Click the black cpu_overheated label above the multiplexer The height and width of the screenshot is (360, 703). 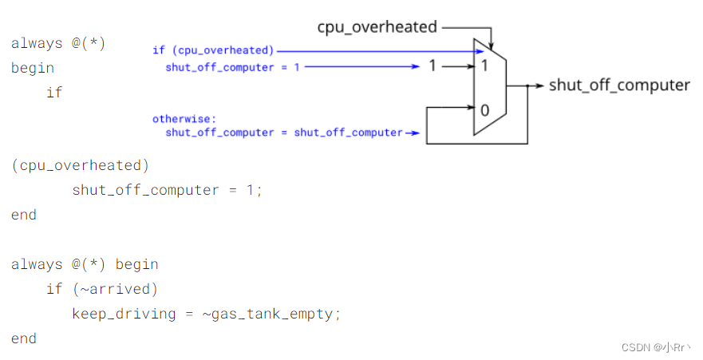click(x=377, y=27)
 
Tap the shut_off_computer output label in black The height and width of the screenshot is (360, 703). click(x=619, y=85)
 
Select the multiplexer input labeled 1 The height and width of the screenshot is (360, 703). click(x=483, y=66)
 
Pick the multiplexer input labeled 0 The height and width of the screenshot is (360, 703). click(x=483, y=107)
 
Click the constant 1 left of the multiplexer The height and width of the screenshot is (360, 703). click(x=432, y=66)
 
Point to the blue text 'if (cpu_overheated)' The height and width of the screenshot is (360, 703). click(x=213, y=50)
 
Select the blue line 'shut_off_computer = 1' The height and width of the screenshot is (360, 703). click(x=232, y=67)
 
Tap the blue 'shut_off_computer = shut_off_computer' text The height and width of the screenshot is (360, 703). click(x=283, y=133)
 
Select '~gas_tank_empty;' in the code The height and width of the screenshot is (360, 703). click(x=271, y=314)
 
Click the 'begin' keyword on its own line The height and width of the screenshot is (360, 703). click(x=33, y=68)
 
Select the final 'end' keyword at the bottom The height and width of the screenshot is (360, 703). click(x=24, y=338)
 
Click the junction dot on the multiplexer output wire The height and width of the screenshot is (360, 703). click(x=527, y=85)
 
